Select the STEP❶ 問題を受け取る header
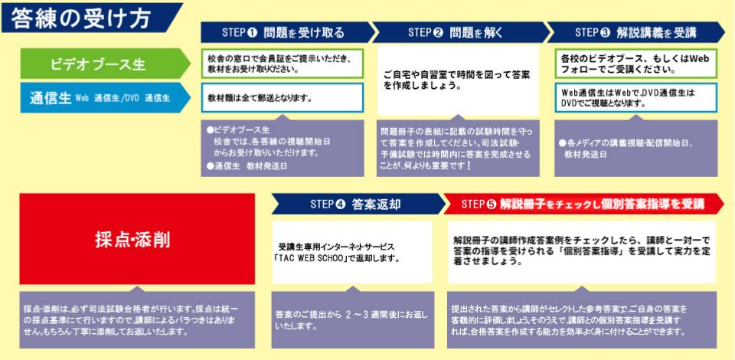pyautogui.click(x=288, y=32)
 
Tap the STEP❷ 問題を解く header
pyautogui.click(x=460, y=32)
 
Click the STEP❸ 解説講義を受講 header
pyautogui.click(x=635, y=32)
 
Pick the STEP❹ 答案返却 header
pyautogui.click(x=358, y=205)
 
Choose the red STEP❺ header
pyautogui.click(x=583, y=205)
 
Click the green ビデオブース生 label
pyautogui.click(x=105, y=64)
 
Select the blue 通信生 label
pyautogui.click(x=105, y=98)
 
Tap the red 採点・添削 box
pyautogui.click(x=137, y=238)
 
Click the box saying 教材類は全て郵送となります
pyautogui.click(x=283, y=98)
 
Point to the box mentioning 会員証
pyautogui.click(x=283, y=64)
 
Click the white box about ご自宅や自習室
pyautogui.click(x=458, y=80)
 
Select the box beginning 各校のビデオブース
pyautogui.click(x=635, y=64)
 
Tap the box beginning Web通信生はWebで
pyautogui.click(x=635, y=98)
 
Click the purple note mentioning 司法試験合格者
pyautogui.click(x=137, y=319)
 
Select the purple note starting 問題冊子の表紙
pyautogui.click(x=458, y=148)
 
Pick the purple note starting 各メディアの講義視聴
pyautogui.click(x=635, y=148)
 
